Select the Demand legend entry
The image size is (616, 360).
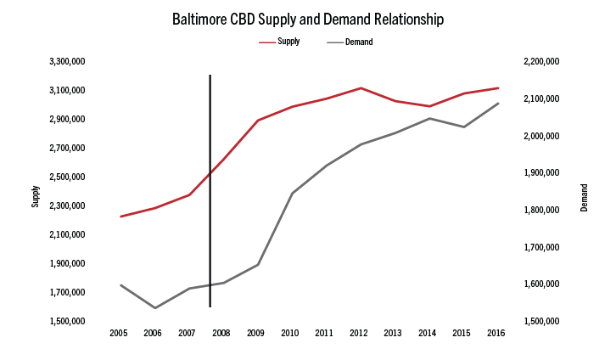click(359, 41)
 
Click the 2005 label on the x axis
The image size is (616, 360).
click(119, 333)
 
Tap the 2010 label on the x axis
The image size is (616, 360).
click(290, 333)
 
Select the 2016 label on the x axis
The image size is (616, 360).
click(496, 333)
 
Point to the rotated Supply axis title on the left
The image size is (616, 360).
click(36, 197)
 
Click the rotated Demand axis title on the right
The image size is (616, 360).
click(584, 197)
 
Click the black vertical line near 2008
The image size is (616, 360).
click(210, 187)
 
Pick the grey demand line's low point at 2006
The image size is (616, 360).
click(154, 307)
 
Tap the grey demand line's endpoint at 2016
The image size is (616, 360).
click(498, 104)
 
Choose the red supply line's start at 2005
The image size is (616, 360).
click(120, 217)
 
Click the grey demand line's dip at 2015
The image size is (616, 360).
click(463, 127)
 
